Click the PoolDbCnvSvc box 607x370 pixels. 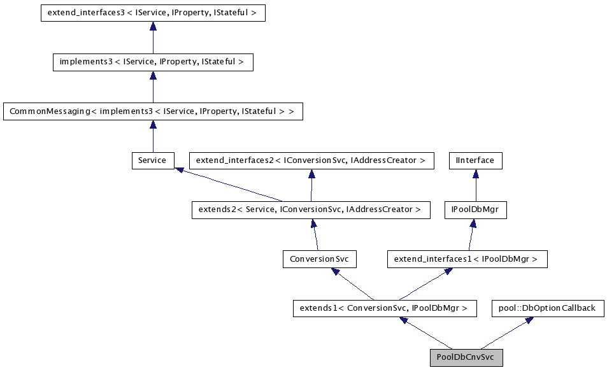(466, 358)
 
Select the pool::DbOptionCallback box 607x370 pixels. (547, 308)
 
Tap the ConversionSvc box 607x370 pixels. (319, 259)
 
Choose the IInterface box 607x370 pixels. (475, 160)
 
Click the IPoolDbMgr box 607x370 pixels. (475, 210)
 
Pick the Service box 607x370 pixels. (152, 160)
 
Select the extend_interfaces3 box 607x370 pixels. (152, 13)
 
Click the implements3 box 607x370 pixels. (152, 62)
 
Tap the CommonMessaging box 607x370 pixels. (152, 111)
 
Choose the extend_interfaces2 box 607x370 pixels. (311, 160)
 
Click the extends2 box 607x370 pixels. (310, 210)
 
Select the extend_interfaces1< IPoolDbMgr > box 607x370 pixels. (466, 259)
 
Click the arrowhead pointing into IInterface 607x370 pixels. (475, 173)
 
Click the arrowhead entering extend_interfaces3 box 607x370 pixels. (152, 25)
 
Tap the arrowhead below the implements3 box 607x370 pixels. (152, 75)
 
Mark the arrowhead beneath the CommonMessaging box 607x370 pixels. (152, 124)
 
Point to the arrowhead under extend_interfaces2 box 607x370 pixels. (311, 173)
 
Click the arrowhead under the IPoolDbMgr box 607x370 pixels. (473, 222)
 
